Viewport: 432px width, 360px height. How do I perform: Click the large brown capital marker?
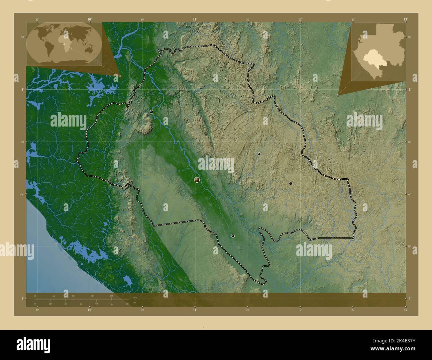click(197, 180)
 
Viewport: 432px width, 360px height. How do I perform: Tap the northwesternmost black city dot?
click(151, 112)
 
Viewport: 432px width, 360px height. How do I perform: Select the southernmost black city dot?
click(233, 236)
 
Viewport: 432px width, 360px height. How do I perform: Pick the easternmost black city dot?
click(290, 183)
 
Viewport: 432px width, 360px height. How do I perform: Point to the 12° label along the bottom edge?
click(300, 310)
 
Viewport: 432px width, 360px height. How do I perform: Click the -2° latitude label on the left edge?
click(22, 194)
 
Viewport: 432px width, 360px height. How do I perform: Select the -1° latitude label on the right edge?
click(410, 90)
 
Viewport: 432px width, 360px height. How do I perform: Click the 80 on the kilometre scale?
click(111, 296)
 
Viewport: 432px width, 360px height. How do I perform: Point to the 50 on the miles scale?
click(112, 304)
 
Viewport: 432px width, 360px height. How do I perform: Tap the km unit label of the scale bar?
click(135, 297)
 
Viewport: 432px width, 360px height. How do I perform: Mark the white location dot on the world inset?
click(64, 43)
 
